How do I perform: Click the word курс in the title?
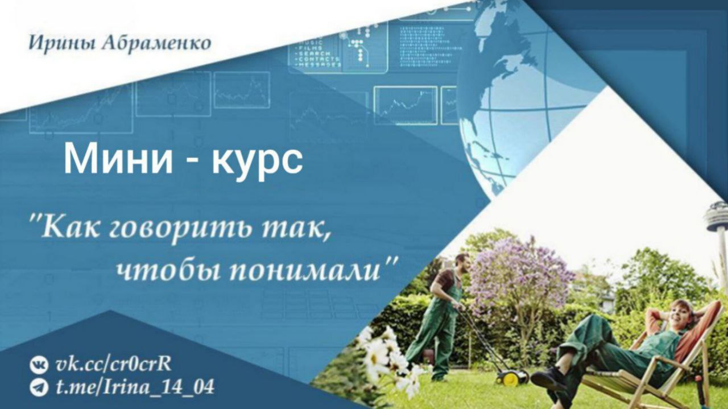click(257, 161)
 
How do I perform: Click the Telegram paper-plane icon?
click(39, 387)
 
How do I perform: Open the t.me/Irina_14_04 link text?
click(135, 387)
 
